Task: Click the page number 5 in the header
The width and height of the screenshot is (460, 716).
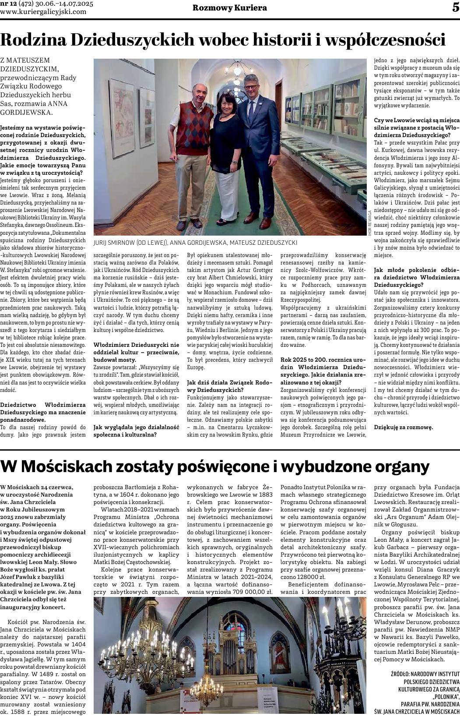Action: coord(455,7)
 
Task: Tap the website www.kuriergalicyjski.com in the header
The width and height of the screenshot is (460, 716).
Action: coord(43,12)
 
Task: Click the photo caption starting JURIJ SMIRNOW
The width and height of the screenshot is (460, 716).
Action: coord(195,242)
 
